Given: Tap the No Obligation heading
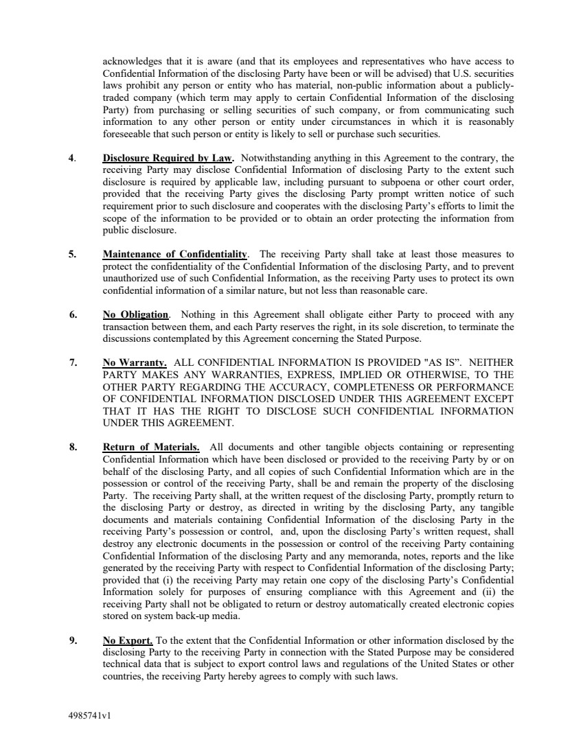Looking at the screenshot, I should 135,315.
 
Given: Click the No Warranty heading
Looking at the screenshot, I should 135,362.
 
